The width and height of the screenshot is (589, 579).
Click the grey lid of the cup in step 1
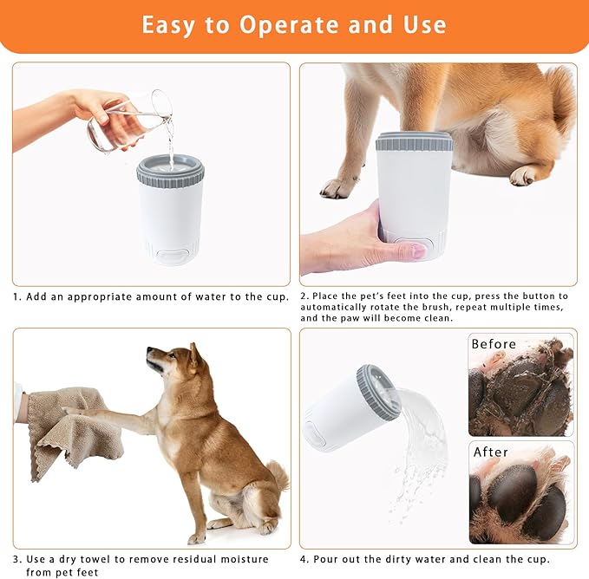pyautogui.click(x=170, y=168)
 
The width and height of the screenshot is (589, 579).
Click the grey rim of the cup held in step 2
pyautogui.click(x=414, y=141)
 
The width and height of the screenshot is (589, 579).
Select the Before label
pyautogui.click(x=494, y=344)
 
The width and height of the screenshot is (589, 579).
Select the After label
pyautogui.click(x=490, y=452)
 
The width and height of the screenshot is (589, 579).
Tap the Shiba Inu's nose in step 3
pyautogui.click(x=149, y=351)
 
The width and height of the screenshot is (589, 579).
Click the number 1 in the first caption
pyautogui.click(x=16, y=296)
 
